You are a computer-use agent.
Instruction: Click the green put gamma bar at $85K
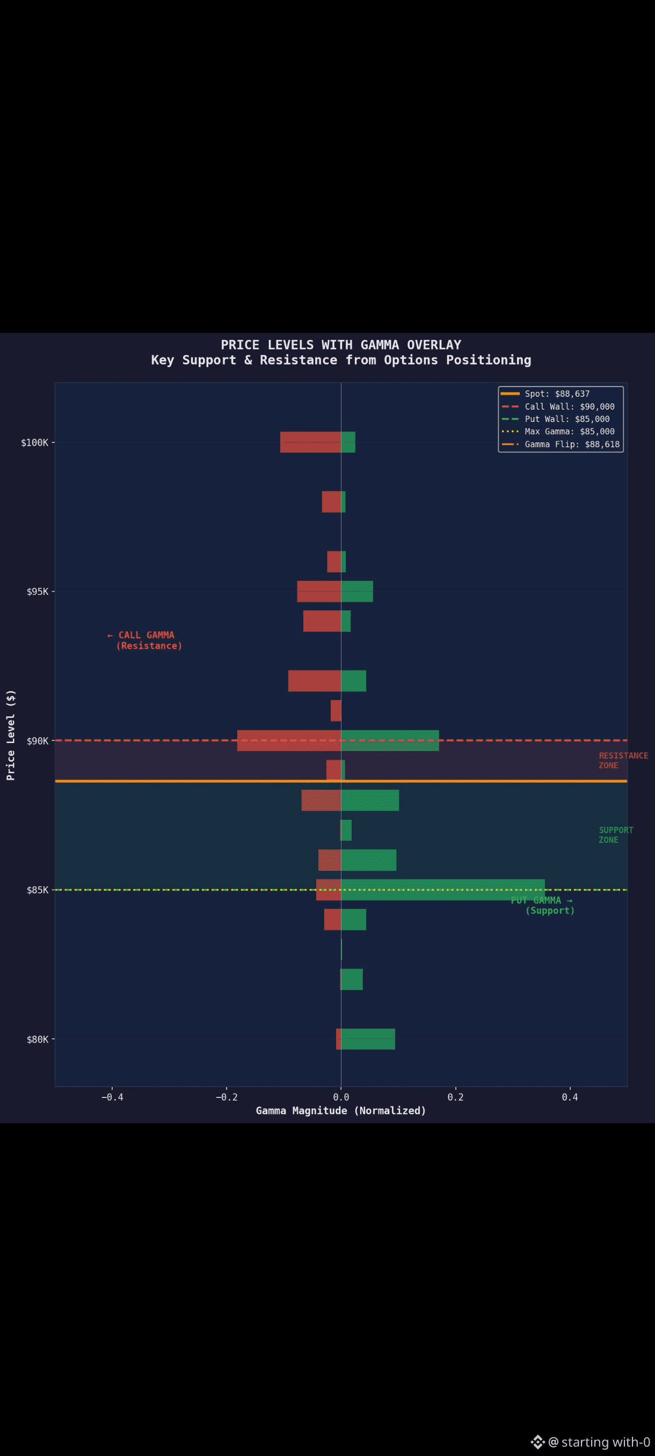tap(442, 890)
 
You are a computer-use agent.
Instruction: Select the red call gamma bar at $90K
tap(289, 740)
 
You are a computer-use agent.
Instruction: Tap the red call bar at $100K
tap(310, 442)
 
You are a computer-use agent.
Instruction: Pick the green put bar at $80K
tap(368, 1039)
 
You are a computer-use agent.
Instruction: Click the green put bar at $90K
tap(390, 740)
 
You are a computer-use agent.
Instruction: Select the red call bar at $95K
tap(319, 591)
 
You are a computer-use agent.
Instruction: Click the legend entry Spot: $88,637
tap(557, 394)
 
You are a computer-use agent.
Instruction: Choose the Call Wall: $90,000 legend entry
tap(569, 406)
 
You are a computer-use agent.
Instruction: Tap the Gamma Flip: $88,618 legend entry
tap(572, 444)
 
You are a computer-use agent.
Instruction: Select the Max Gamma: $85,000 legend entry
tap(569, 432)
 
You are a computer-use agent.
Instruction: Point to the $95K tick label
tap(37, 592)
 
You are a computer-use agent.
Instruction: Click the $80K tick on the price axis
tap(37, 1039)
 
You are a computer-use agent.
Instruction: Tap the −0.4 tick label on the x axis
tap(112, 1097)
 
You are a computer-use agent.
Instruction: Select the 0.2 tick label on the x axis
tap(455, 1097)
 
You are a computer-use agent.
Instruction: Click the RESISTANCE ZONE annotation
tap(623, 760)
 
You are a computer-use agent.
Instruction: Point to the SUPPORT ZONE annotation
tap(615, 835)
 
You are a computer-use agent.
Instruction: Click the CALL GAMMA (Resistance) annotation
tap(146, 640)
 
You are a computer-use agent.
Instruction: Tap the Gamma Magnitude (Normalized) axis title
tap(341, 1111)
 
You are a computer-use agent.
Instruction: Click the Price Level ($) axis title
tap(11, 735)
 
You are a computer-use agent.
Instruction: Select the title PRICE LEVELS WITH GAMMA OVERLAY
tap(341, 345)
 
